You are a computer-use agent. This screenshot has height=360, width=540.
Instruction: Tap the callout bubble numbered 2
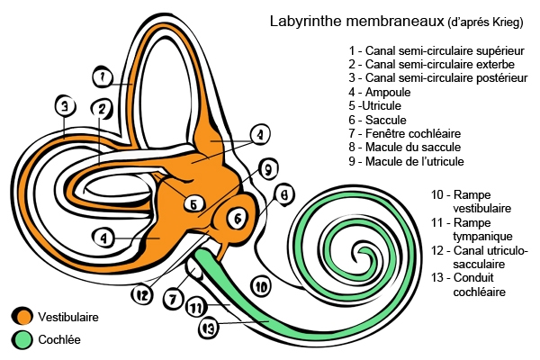tap(103, 110)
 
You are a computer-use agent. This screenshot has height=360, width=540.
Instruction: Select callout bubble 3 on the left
tap(63, 106)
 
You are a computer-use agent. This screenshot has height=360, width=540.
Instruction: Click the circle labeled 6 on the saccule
tap(237, 218)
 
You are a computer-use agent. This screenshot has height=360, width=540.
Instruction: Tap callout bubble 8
tap(283, 193)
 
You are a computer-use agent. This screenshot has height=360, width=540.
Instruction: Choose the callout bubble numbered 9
tap(265, 168)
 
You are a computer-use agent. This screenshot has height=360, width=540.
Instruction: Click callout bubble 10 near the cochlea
tap(260, 287)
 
